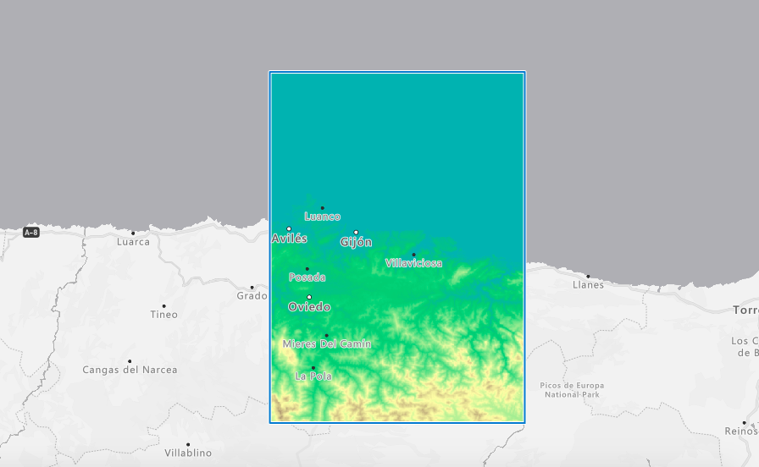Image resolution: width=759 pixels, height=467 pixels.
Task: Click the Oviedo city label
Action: tap(309, 307)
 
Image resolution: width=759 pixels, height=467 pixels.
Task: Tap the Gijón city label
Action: tap(356, 242)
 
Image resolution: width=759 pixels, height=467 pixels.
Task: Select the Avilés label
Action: tap(289, 239)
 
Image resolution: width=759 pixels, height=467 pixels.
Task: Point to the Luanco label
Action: tap(322, 217)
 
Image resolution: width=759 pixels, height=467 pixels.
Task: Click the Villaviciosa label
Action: tap(413, 263)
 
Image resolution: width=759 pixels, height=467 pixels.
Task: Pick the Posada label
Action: tap(307, 277)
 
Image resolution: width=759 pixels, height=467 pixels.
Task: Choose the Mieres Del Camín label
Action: tap(326, 343)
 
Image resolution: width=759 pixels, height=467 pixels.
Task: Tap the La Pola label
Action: tap(313, 376)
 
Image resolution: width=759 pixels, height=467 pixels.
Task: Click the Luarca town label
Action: tap(133, 242)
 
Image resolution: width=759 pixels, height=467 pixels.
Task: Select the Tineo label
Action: tap(164, 315)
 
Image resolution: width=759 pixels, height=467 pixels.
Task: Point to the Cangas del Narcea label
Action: tap(130, 370)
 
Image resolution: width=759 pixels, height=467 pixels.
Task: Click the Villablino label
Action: tap(188, 453)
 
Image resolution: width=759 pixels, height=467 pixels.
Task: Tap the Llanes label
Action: tap(588, 285)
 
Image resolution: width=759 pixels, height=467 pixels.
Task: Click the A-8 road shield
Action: tap(31, 232)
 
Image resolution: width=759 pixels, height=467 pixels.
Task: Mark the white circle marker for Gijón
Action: tap(356, 232)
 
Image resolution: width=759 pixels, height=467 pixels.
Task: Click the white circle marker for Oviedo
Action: tap(309, 297)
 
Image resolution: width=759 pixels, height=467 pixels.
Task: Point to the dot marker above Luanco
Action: tap(322, 207)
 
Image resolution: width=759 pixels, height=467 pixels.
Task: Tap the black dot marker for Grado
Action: tap(252, 287)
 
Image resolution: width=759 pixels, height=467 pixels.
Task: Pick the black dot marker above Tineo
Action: tap(163, 305)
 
